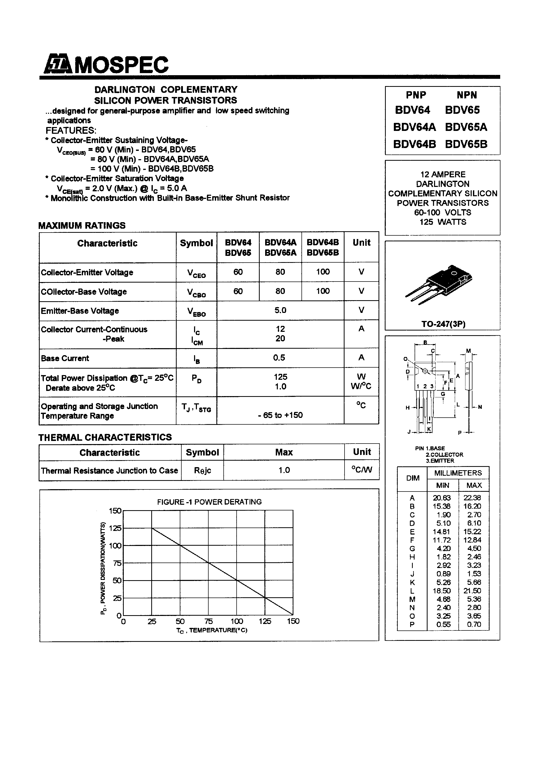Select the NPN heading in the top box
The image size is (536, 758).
point(467,95)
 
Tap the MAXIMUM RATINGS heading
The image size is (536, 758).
point(82,226)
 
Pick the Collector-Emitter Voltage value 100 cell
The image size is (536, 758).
point(322,272)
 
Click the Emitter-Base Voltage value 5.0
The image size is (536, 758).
point(280,310)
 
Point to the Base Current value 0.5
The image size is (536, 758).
point(279,357)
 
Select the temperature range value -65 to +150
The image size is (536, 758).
point(280,415)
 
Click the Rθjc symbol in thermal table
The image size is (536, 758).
point(202,471)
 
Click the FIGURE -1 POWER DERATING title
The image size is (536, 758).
point(209,502)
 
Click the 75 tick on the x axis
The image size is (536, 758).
point(209,621)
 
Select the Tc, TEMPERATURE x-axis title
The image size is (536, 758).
point(211,630)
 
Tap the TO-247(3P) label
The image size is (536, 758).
point(443,324)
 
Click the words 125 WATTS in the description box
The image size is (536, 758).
point(443,222)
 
